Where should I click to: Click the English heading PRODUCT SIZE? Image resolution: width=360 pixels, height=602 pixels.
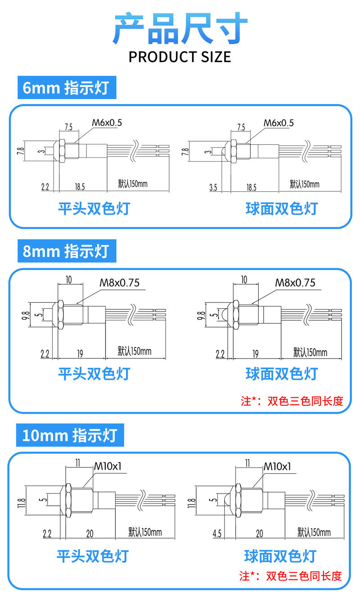[x=180, y=57]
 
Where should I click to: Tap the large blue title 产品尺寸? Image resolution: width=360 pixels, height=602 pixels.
[x=180, y=28]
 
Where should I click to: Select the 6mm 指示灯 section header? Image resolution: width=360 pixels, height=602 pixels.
[x=66, y=88]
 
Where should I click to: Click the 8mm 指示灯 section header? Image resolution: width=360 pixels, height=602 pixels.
[x=66, y=251]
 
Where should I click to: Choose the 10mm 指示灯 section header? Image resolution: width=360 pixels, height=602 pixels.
[x=70, y=435]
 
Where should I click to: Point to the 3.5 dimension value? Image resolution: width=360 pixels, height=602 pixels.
[x=213, y=187]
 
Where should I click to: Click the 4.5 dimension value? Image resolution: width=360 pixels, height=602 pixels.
[x=217, y=534]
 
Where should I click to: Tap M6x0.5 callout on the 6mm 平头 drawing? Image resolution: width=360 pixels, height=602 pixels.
[x=107, y=122]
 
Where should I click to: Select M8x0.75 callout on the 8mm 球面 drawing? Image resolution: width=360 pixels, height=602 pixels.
[x=295, y=283]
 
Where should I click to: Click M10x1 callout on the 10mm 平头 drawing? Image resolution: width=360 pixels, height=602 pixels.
[x=108, y=467]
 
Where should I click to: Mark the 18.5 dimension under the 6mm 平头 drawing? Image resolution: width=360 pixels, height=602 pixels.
[x=80, y=187]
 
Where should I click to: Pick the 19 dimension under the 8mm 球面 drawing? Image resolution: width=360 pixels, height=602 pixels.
[x=255, y=354]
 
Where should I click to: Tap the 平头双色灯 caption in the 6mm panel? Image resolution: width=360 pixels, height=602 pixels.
[x=94, y=208]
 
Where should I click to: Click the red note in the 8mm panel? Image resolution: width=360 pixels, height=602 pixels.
[x=292, y=401]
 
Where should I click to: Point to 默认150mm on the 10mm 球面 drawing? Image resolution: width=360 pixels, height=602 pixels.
[x=314, y=533]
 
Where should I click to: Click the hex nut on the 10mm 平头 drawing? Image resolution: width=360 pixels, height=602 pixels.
[x=69, y=499]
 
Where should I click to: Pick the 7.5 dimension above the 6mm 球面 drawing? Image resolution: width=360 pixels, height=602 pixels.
[x=241, y=127]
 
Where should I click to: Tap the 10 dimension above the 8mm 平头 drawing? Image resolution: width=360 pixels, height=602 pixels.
[x=69, y=279]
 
